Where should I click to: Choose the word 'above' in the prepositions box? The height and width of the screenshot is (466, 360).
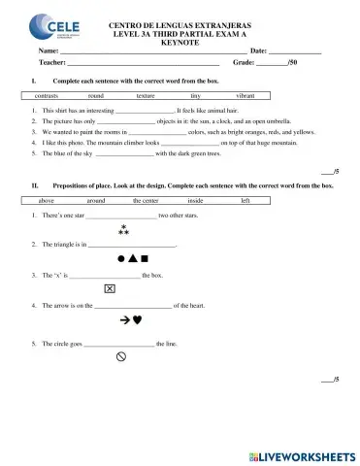coord(46,199)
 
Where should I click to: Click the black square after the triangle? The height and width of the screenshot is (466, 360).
coord(144,260)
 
